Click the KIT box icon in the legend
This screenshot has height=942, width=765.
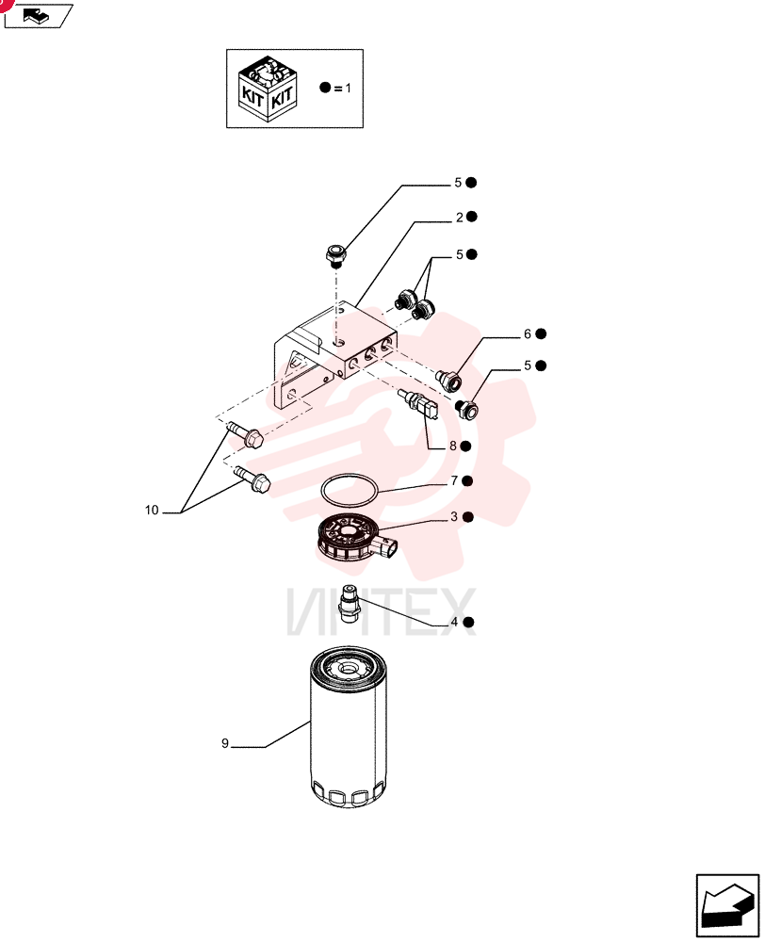pos(268,89)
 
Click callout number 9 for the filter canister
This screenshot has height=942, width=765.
pos(225,743)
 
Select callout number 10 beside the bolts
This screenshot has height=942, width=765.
pos(152,510)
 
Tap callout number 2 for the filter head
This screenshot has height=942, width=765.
pos(459,218)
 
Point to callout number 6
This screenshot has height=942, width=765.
pos(528,334)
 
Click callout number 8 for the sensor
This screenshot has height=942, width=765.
pos(453,447)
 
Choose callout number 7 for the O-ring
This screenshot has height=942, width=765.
pos(454,480)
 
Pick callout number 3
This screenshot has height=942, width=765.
pos(454,516)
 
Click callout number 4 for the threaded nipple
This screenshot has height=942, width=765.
pos(454,622)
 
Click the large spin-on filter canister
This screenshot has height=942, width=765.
pos(349,727)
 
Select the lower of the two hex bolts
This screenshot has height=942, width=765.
pos(252,479)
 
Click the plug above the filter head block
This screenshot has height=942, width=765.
pos(334,254)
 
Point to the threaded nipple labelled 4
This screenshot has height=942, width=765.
pos(350,604)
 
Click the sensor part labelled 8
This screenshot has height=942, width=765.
pos(419,404)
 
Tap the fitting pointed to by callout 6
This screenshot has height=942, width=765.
pos(448,379)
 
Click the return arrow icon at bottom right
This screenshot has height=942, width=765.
pos(727,906)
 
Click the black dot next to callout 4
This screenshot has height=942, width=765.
pos(469,622)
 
